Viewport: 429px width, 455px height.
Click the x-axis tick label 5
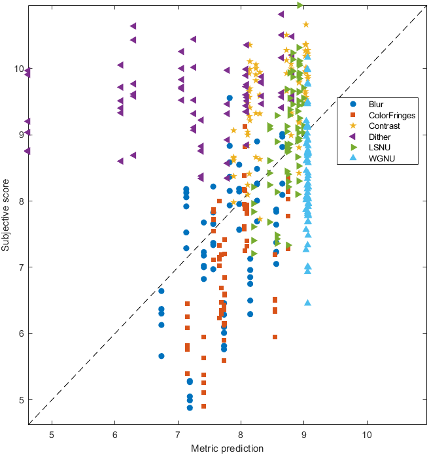52,435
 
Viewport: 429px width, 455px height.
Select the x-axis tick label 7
178,435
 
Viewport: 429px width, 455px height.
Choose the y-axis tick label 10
18,69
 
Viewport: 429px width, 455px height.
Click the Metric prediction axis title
227,448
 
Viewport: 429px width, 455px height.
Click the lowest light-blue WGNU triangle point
307,303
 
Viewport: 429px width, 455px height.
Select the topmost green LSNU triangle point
300,5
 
